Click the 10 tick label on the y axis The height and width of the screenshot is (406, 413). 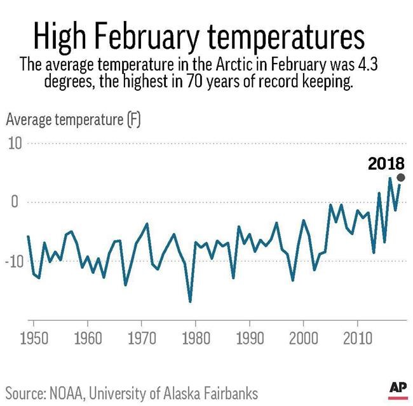coord(14,143)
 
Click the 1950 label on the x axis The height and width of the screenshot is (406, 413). coord(33,334)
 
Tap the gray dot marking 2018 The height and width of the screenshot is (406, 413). coord(400,178)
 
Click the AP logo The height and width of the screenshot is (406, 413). coord(397,387)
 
